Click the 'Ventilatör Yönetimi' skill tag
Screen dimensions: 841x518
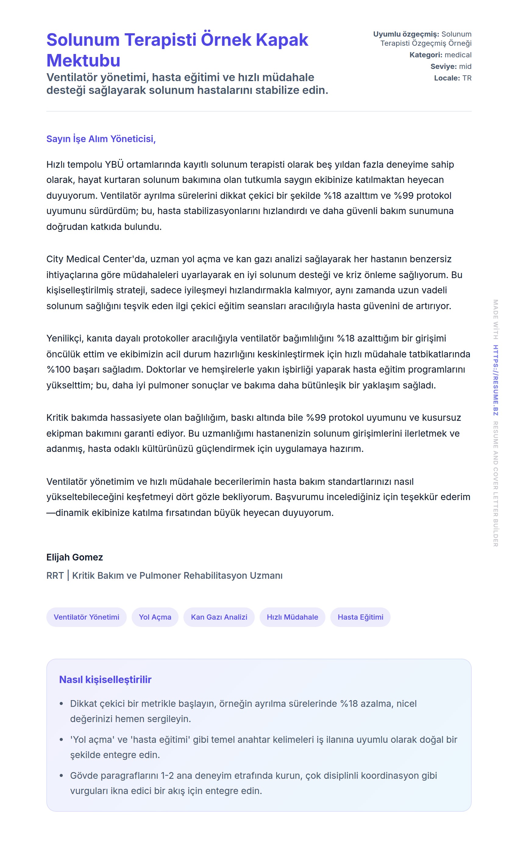coord(86,617)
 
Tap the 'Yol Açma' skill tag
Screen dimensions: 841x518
coord(155,617)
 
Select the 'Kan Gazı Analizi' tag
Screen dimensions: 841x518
coord(219,617)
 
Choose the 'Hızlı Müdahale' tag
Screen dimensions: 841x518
coord(292,617)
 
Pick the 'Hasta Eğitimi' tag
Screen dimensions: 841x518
coord(360,617)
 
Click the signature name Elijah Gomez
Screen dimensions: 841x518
coord(75,557)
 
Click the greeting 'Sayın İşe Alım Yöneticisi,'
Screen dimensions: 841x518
coord(101,139)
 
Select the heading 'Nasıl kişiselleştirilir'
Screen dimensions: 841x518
coord(105,679)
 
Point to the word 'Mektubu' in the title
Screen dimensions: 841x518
coord(83,61)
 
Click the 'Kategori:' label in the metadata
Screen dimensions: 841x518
coord(425,55)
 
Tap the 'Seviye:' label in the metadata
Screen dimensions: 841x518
coord(443,66)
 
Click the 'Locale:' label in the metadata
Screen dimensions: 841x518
coord(447,78)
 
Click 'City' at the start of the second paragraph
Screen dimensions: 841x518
coord(55,259)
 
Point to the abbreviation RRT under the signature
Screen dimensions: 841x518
coord(55,575)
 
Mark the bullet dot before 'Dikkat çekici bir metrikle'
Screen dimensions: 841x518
coord(61,704)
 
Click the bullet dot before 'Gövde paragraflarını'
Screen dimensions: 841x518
coord(61,775)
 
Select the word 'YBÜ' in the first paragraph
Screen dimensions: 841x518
coord(114,165)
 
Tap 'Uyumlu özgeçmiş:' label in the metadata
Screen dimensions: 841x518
coord(406,34)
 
